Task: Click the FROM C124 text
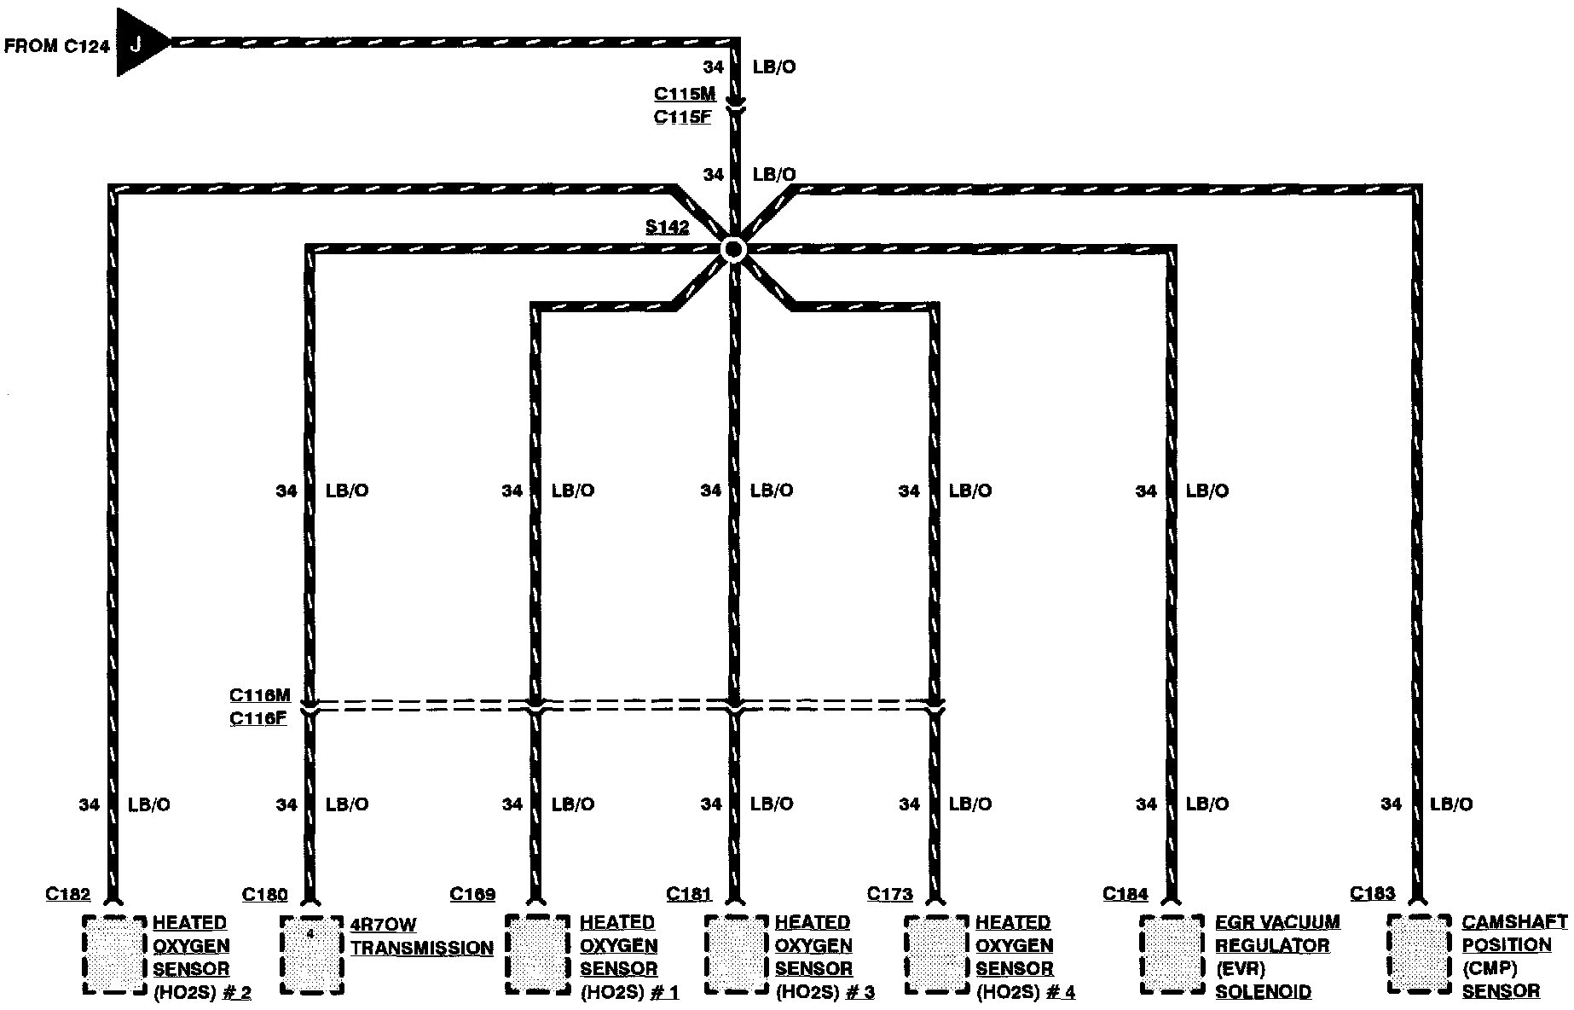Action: pos(57,46)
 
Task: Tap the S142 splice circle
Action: pos(732,249)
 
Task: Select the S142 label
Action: pos(667,228)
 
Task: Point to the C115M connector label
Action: pos(685,95)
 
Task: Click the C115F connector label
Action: pos(682,118)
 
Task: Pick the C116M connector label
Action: pos(260,696)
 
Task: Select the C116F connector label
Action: pos(258,718)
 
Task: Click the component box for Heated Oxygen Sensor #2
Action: pos(114,954)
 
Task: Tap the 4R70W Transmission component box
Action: pos(311,954)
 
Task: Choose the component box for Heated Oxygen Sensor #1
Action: pos(537,954)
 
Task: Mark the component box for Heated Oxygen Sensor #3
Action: pos(736,954)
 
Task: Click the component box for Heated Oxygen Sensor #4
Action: pos(935,954)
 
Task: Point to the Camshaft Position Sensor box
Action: pos(1420,954)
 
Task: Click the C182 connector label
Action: pos(67,894)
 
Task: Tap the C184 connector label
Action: pos(1126,894)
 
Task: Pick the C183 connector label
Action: pos(1373,894)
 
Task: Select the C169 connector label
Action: pos(472,894)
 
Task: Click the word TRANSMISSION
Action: pos(422,948)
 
